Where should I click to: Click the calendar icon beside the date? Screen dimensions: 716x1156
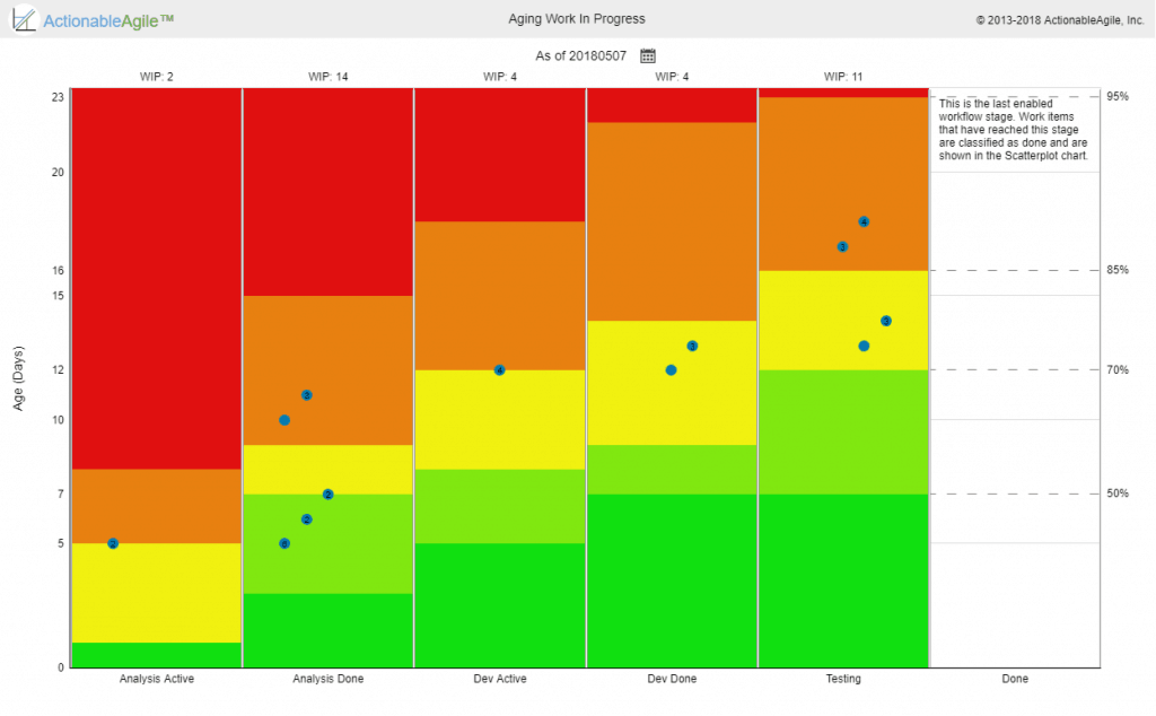click(x=647, y=56)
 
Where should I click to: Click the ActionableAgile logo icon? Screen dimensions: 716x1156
click(x=24, y=20)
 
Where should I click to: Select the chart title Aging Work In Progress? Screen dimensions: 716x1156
click(x=576, y=19)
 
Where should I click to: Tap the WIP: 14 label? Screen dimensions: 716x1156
click(x=328, y=77)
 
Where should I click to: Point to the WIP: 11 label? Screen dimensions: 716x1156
click(x=843, y=77)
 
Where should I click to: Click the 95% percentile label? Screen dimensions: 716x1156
click(x=1117, y=97)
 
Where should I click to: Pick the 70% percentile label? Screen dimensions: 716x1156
click(x=1117, y=370)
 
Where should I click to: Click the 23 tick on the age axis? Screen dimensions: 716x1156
click(x=58, y=97)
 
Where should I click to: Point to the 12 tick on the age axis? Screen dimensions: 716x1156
click(x=58, y=370)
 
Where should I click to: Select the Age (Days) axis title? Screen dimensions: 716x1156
click(x=19, y=378)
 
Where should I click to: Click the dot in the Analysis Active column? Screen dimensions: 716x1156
click(x=113, y=544)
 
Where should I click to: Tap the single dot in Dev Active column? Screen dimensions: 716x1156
click(x=500, y=370)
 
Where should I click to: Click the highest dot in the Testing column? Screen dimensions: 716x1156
click(x=864, y=222)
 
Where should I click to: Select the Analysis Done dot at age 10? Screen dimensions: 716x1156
click(x=284, y=420)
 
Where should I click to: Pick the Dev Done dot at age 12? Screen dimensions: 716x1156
click(x=671, y=370)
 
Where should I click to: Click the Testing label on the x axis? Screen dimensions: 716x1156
click(x=843, y=679)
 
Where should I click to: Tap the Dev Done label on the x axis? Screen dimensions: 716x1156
click(x=672, y=679)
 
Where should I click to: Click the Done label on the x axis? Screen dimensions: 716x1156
click(x=1015, y=679)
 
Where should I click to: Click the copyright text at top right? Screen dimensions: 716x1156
click(x=1059, y=20)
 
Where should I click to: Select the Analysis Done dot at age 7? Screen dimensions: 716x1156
click(x=328, y=495)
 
